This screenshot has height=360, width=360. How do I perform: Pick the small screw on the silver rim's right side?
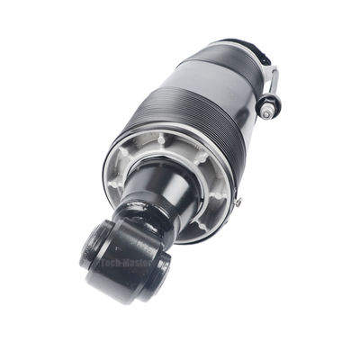pos(238,203)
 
